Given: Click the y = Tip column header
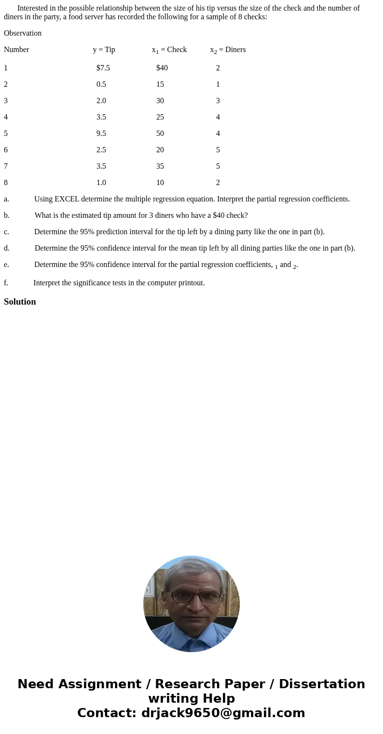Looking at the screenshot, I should pyautogui.click(x=104, y=50).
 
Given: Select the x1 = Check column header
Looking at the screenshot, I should pyautogui.click(x=169, y=50).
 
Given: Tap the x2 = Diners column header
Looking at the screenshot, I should pyautogui.click(x=228, y=50).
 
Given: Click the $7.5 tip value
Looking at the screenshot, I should pyautogui.click(x=103, y=68).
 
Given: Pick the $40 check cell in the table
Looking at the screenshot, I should pyautogui.click(x=162, y=68).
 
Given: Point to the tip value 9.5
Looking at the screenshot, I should pyautogui.click(x=101, y=133).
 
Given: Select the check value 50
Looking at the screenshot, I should pyautogui.click(x=160, y=133).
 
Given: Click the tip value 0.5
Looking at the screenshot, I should pyautogui.click(x=101, y=84).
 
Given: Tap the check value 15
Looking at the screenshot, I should pyautogui.click(x=160, y=84).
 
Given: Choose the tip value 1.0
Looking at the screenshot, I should pyautogui.click(x=101, y=183).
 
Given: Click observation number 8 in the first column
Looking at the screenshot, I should pyautogui.click(x=6, y=183).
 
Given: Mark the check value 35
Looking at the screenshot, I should pyautogui.click(x=160, y=166).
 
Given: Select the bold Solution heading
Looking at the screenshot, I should pyautogui.click(x=20, y=302).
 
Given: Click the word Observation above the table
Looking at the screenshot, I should pyautogui.click(x=23, y=33).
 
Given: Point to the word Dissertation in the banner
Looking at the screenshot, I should pyautogui.click(x=322, y=684).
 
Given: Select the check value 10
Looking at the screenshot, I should pyautogui.click(x=160, y=183).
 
